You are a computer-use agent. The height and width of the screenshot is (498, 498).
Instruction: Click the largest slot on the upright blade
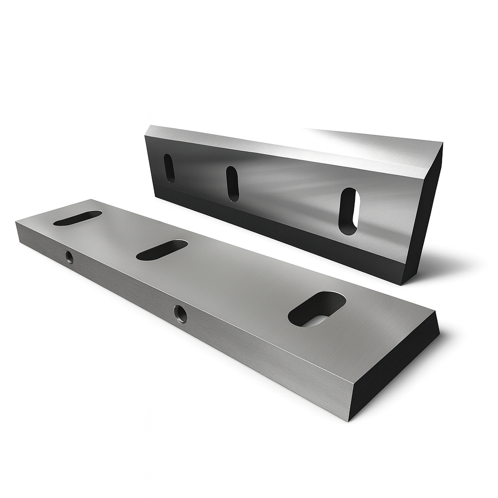[x=348, y=211]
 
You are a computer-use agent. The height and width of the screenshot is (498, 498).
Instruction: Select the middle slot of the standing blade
[x=232, y=184]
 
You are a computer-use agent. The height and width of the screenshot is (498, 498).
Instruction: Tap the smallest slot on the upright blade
[x=169, y=168]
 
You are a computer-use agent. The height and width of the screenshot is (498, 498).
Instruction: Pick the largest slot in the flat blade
[x=317, y=309]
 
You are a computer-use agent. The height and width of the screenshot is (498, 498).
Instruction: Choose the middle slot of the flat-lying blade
[x=162, y=249]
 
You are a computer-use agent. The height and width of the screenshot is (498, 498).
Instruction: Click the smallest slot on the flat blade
[x=78, y=217]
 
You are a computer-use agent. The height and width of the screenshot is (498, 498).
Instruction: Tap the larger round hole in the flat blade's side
[x=180, y=314]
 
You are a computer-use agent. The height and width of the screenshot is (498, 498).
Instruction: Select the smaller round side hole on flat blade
[x=70, y=257]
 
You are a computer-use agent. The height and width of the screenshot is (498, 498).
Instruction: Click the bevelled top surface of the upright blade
[x=292, y=146]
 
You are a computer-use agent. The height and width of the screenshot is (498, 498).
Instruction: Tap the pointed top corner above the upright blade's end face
[x=442, y=143]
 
